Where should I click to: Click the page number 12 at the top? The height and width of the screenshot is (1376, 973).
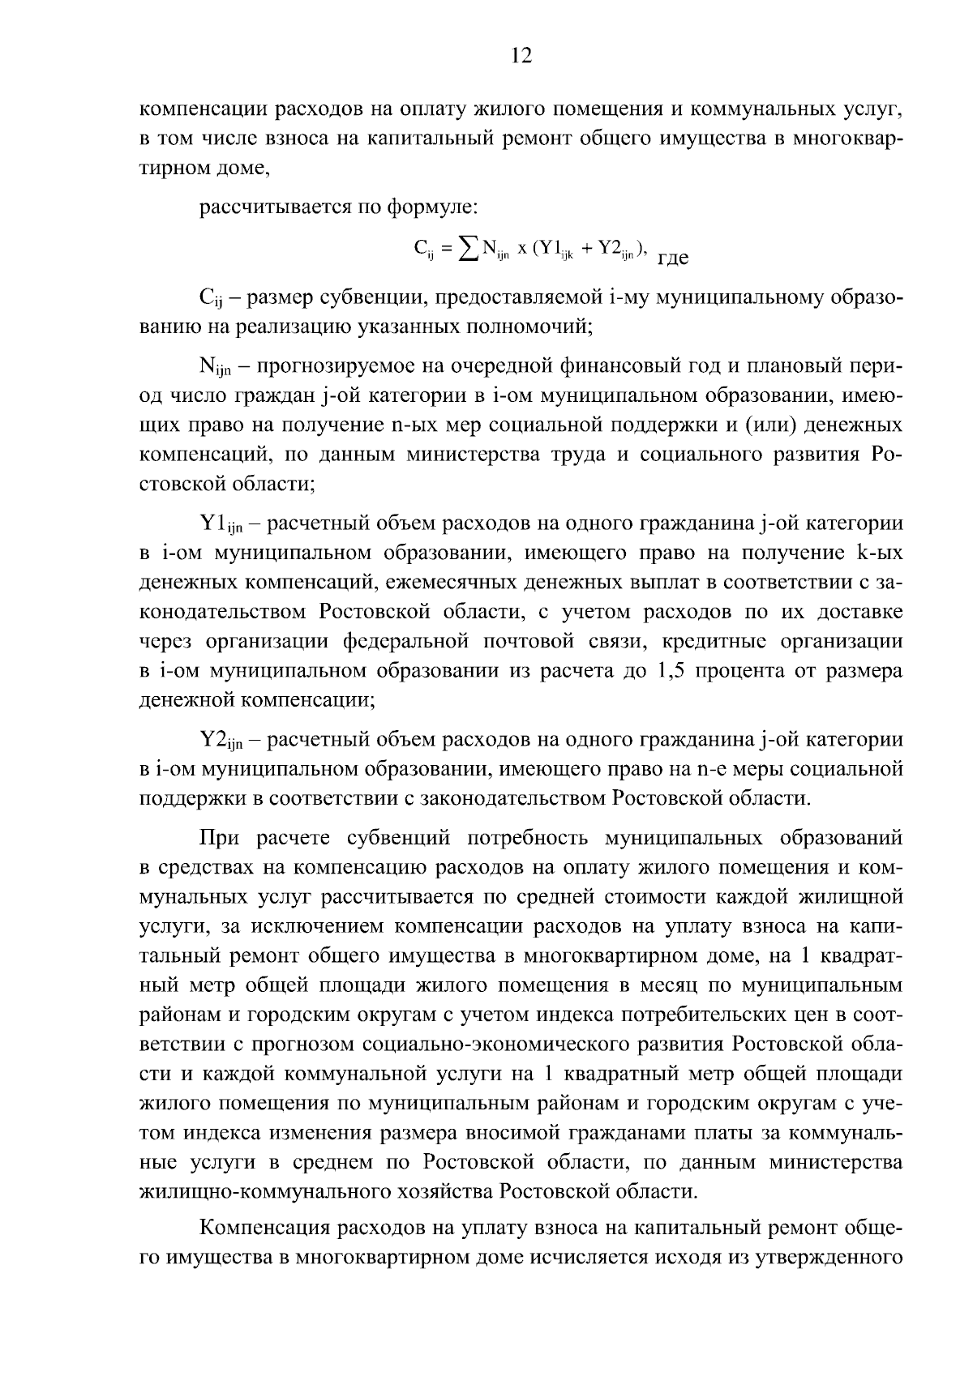521,55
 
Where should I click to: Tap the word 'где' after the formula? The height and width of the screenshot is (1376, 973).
671,259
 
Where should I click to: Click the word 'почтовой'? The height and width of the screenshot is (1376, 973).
529,641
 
